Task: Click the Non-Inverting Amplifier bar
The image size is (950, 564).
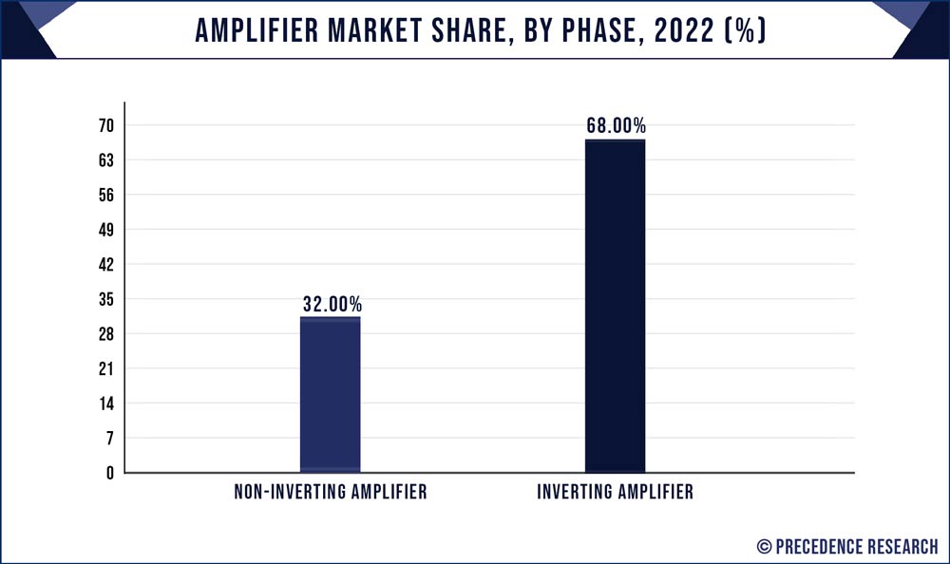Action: pyautogui.click(x=330, y=394)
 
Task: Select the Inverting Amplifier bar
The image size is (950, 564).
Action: pyautogui.click(x=615, y=306)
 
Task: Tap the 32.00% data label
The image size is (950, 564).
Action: pyautogui.click(x=332, y=305)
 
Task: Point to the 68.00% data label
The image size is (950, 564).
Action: pyautogui.click(x=616, y=126)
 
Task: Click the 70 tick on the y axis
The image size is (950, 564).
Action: pyautogui.click(x=105, y=126)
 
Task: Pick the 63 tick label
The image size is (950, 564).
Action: pyautogui.click(x=105, y=160)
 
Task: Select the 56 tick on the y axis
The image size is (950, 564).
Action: pyautogui.click(x=105, y=196)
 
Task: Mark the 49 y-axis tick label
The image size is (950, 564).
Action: pyautogui.click(x=105, y=230)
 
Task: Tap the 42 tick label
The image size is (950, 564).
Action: pyautogui.click(x=105, y=265)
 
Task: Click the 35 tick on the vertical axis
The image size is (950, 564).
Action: pyautogui.click(x=105, y=299)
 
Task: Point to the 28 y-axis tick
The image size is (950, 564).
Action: pyautogui.click(x=105, y=334)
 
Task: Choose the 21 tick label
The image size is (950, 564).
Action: pyautogui.click(x=105, y=368)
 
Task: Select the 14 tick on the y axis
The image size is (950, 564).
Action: pyautogui.click(x=105, y=404)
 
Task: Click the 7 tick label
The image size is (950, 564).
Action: pyautogui.click(x=109, y=438)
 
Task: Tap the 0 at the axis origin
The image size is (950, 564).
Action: pyautogui.click(x=109, y=473)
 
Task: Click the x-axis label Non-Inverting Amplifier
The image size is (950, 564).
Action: pyautogui.click(x=331, y=493)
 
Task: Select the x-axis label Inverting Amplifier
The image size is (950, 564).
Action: pyautogui.click(x=615, y=493)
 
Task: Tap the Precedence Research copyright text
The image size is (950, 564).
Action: pyautogui.click(x=847, y=546)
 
